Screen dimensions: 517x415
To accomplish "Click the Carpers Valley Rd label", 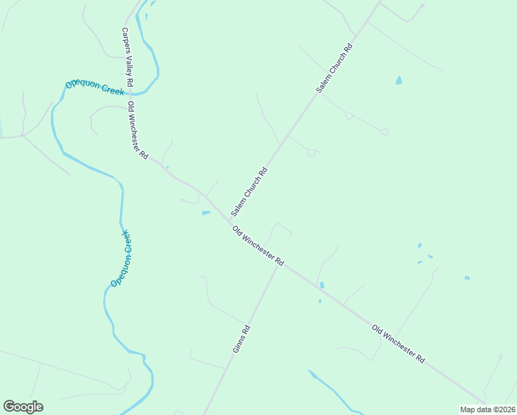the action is point(128,57).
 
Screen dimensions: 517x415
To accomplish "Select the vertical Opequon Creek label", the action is point(122,259).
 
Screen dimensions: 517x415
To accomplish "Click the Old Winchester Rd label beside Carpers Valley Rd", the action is point(138,131).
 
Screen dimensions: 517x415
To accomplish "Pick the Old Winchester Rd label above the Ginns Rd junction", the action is point(258,247).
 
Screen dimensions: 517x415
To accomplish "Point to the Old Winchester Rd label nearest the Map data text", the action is point(398,344).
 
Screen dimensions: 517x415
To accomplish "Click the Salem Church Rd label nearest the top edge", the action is point(335,68).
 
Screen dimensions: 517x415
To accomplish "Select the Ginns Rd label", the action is point(241,339).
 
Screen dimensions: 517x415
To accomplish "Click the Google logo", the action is point(23,407).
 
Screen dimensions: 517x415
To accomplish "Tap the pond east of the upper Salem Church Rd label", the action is point(399,80).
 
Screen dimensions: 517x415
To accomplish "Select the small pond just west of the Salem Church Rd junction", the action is point(206,213).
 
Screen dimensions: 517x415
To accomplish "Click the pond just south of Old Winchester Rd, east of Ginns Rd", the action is point(322,285).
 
